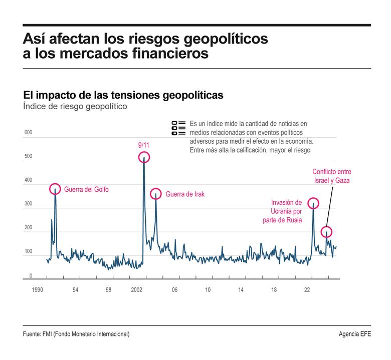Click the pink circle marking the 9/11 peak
click(144, 157)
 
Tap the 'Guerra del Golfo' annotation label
click(86, 190)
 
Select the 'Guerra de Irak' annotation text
click(185, 194)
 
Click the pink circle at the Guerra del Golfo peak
click(55, 189)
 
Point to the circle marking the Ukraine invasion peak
click(313, 203)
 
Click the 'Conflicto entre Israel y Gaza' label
click(331, 176)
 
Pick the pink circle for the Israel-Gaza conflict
click(326, 232)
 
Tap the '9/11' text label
click(143, 145)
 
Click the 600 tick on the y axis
click(28, 133)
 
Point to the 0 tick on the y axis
click(31, 276)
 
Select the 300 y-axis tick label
click(28, 204)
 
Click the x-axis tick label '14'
click(241, 290)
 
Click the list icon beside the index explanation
click(178, 128)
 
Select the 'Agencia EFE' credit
click(355, 334)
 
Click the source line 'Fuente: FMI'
click(76, 334)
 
